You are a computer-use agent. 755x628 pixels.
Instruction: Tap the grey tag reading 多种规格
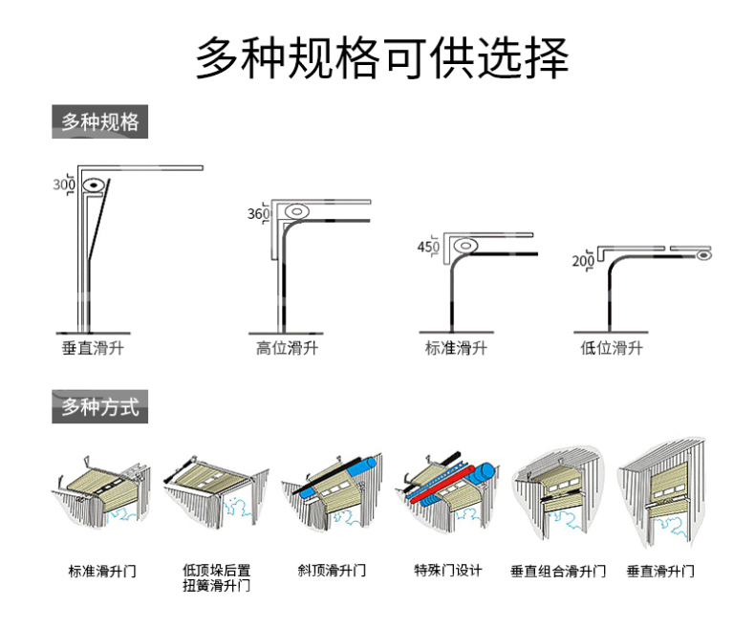tap(99, 122)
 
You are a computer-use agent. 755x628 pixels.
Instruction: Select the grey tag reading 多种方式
tap(99, 407)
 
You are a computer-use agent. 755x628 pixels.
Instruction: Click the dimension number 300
tap(64, 184)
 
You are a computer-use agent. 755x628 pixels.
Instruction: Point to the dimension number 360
tap(258, 214)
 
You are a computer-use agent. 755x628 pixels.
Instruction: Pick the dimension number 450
tap(428, 247)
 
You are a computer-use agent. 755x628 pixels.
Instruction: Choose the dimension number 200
tap(583, 261)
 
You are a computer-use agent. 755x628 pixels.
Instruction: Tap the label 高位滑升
tap(287, 348)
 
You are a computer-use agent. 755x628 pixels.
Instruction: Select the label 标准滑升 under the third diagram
tap(456, 348)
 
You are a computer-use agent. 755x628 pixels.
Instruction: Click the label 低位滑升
tap(612, 348)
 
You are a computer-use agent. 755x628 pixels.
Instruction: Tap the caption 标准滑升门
tap(102, 572)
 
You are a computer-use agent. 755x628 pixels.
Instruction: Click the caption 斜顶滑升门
tap(332, 571)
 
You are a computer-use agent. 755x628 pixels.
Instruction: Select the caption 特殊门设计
tap(448, 571)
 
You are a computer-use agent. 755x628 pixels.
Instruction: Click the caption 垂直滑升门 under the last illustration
tap(660, 572)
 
